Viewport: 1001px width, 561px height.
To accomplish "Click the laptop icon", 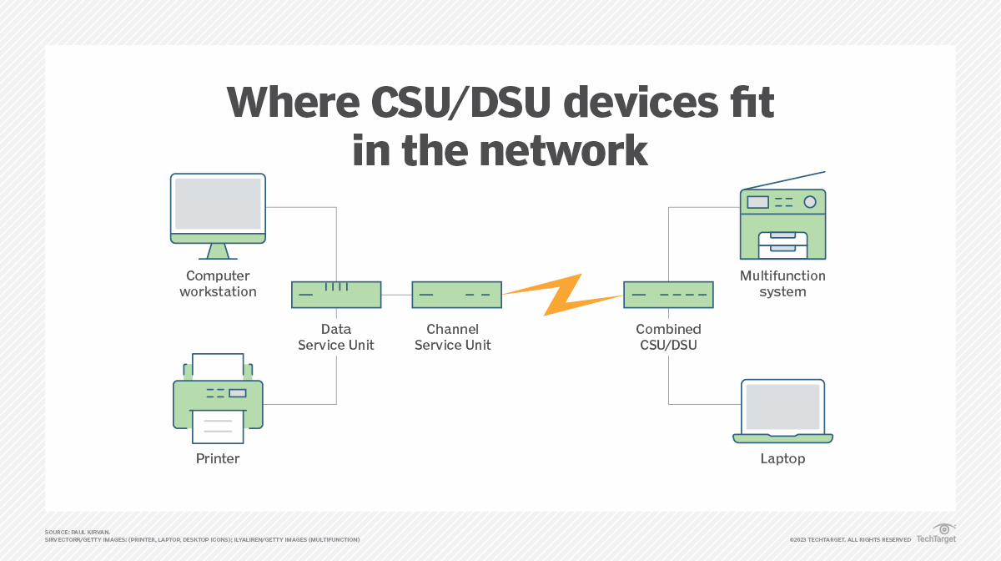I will [782, 411].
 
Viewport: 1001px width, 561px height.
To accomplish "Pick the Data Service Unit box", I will [336, 295].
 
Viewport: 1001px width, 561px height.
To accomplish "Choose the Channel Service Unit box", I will [456, 295].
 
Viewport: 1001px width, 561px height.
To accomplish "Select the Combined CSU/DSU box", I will [668, 295].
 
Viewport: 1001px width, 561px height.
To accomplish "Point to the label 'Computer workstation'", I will [218, 284].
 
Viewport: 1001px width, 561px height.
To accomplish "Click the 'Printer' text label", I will [218, 458].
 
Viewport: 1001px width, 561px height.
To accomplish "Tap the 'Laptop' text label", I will [782, 458].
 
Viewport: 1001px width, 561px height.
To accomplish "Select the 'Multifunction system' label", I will [782, 284].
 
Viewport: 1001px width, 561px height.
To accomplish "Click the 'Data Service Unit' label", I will [336, 337].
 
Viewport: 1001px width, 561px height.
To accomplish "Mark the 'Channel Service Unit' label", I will [453, 337].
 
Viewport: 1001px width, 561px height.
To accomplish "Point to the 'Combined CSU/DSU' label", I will [668, 337].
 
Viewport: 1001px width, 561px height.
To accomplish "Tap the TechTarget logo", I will [936, 534].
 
